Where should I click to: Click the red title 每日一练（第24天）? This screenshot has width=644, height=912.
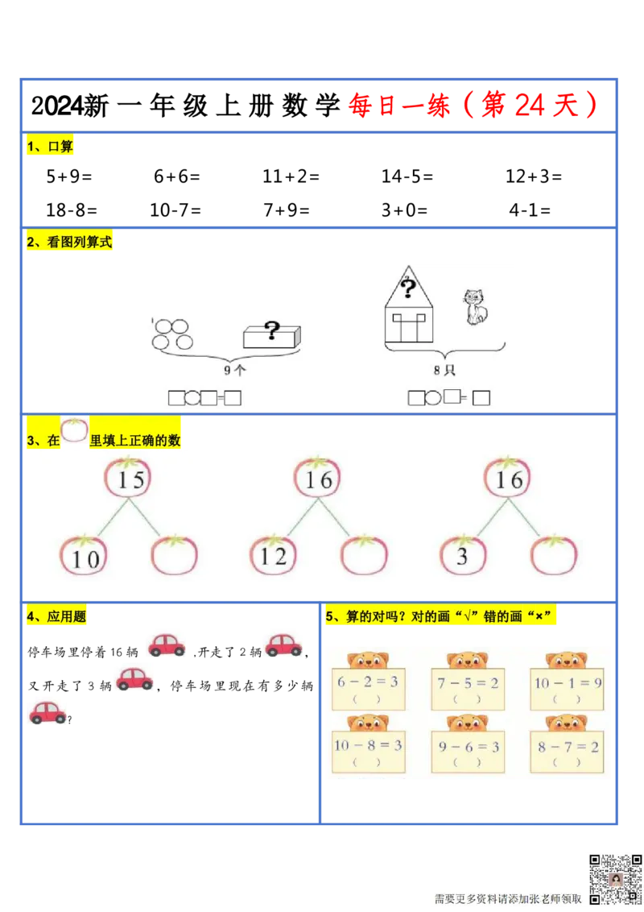[473, 106]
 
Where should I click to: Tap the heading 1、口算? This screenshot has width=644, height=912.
[50, 147]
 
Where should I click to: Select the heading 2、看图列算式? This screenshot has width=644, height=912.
[70, 242]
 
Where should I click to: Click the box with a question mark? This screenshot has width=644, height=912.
[272, 334]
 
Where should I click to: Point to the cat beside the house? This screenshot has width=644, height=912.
[475, 308]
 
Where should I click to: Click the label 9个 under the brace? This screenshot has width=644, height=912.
[235, 371]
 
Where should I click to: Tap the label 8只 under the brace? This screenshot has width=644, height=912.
[444, 371]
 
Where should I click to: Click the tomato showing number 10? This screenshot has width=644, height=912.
[84, 556]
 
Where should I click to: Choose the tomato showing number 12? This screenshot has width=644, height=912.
[274, 556]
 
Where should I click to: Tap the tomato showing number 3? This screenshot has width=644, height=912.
[463, 556]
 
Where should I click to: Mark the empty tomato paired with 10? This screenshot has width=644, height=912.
[175, 556]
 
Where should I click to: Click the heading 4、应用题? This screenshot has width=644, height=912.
[57, 617]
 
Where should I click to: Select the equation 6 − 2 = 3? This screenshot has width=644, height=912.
[367, 682]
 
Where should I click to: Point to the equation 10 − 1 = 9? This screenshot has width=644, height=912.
[568, 682]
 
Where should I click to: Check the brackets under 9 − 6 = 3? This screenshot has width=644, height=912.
[468, 762]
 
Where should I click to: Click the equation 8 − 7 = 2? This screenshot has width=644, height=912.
[568, 747]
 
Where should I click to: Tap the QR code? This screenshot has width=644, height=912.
[616, 879]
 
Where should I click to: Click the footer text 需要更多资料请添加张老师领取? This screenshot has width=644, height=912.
[507, 898]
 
